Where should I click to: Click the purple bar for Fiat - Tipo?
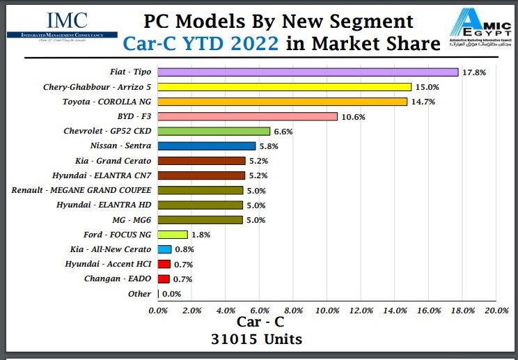308,72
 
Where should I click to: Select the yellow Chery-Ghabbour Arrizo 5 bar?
285,87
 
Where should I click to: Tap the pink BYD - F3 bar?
248,116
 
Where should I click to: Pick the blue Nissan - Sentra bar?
207,146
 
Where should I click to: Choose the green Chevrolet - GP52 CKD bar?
214,131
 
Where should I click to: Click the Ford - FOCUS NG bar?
173,235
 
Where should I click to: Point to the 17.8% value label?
473,72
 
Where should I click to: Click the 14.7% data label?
422,102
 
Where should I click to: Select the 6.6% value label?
284,131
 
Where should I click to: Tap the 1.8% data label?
201,235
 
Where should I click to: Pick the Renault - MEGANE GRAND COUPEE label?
81,190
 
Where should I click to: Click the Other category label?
139,294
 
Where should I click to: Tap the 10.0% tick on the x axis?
328,309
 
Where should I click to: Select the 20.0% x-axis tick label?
496,309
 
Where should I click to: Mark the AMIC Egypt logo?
480,29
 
